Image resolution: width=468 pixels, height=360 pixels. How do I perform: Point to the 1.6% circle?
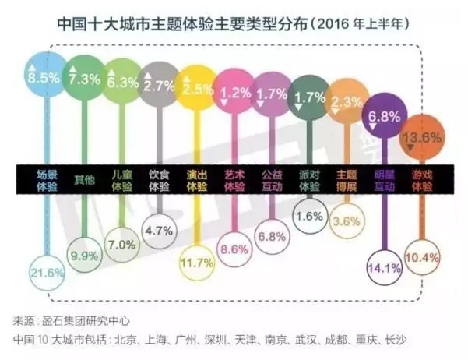(309, 216)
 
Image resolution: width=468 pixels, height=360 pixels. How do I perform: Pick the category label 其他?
(84, 182)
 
